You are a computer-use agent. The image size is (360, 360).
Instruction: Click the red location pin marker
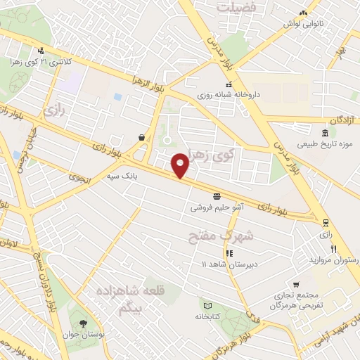[181, 165]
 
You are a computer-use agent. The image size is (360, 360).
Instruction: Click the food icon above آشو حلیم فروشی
[217, 196]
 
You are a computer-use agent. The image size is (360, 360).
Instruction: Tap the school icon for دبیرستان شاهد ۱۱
[229, 252]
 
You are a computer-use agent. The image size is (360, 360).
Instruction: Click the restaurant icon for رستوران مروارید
[333, 249]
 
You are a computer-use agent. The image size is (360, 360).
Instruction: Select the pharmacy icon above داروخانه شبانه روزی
[208, 84]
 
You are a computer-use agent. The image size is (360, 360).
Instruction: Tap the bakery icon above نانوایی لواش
[303, 12]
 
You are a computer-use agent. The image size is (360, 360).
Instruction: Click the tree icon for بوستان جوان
[83, 323]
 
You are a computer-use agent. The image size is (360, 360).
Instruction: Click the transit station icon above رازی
[325, 222]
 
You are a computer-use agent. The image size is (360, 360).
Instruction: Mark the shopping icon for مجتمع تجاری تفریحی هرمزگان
[297, 285]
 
